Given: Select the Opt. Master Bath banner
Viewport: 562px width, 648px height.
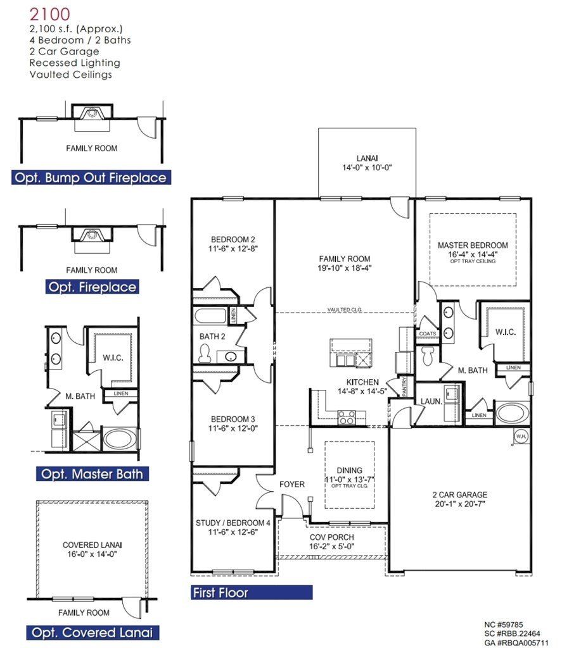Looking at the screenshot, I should coord(92,473).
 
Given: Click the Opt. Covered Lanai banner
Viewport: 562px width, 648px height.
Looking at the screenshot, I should coord(93,632).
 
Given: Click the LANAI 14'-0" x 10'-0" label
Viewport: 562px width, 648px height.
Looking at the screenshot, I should coord(367,163).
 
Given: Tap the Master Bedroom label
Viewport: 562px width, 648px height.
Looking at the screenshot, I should coord(473,245).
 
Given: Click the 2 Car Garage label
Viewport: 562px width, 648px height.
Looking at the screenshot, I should coord(461,495).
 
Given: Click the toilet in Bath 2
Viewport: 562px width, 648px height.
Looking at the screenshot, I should coord(204,354).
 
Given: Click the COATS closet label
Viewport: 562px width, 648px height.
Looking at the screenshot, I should coord(427,333).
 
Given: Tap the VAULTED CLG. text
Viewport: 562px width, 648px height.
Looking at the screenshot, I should coord(343,309).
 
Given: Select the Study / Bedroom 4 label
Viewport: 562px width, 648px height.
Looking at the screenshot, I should coord(233,523).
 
